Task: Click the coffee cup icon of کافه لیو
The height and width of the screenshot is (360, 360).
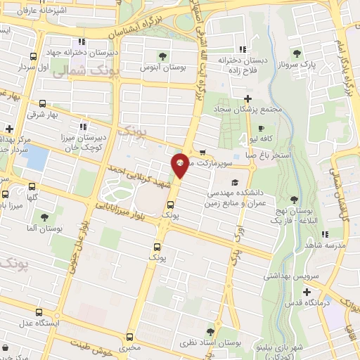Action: point(262,129)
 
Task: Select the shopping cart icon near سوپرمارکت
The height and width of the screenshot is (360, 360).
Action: point(202,152)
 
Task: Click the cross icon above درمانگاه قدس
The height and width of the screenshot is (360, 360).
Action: point(307,292)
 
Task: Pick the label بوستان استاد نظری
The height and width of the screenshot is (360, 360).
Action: point(212,342)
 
